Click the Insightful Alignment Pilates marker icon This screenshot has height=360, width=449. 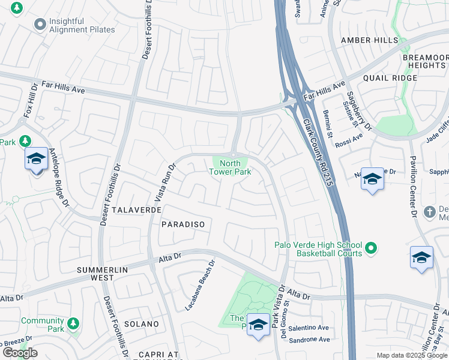pos(40,25)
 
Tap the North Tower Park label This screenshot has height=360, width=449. pos(230,167)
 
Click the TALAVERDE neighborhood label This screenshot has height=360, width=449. pos(136,211)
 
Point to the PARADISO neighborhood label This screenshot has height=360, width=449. pos(183,224)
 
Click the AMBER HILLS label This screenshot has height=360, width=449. pos(369,40)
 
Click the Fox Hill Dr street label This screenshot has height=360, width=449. pos(31,103)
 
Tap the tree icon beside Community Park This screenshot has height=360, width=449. pos(73,324)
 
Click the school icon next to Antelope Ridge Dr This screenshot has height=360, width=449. pos(36,159)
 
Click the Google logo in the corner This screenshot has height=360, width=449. pos(20,353)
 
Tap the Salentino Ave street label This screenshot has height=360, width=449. pos(309,328)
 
